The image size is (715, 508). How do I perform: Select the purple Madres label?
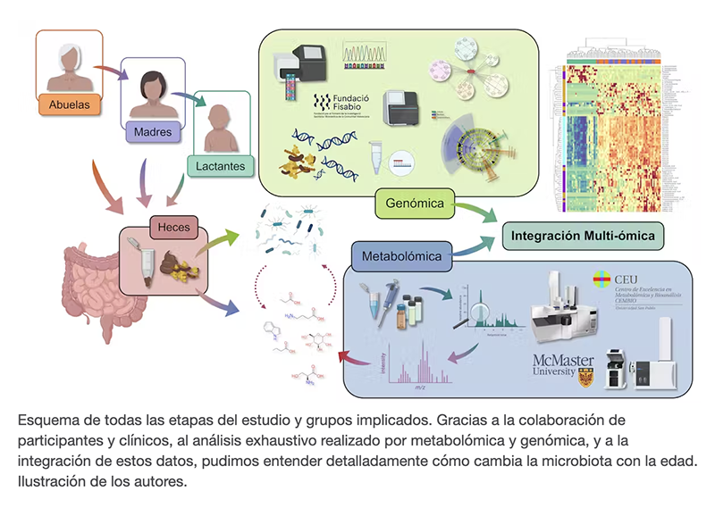pyautogui.click(x=153, y=132)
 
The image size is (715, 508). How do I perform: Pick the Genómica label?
pyautogui.click(x=413, y=204)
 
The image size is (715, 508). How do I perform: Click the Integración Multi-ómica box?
pyautogui.click(x=583, y=237)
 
